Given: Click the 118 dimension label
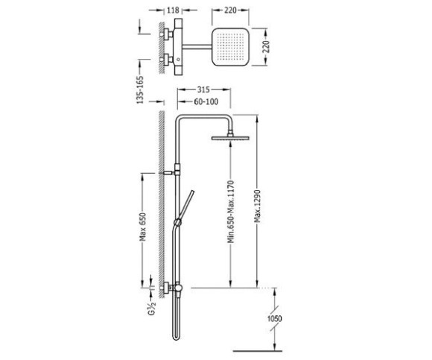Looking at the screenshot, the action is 173,10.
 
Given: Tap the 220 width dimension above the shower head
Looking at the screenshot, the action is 230,10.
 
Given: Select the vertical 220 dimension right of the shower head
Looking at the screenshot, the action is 266,47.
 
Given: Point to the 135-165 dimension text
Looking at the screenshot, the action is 140,90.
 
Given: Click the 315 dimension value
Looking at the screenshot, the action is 203,89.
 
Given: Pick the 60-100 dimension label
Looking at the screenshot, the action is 206,101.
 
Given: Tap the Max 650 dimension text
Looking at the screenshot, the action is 142,227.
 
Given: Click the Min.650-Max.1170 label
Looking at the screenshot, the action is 231,212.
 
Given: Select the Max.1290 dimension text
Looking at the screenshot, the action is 257,206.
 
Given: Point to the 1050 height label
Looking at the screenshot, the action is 274,319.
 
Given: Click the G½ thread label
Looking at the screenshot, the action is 152,309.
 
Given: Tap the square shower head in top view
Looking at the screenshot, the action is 230,47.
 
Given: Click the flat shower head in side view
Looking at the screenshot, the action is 230,138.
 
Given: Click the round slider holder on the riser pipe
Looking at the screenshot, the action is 178,222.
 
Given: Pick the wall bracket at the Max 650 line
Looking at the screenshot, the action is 168,173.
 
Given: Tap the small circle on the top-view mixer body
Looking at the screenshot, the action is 178,60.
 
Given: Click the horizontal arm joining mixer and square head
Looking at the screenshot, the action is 197,47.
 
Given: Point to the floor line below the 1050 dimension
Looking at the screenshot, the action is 257,351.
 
